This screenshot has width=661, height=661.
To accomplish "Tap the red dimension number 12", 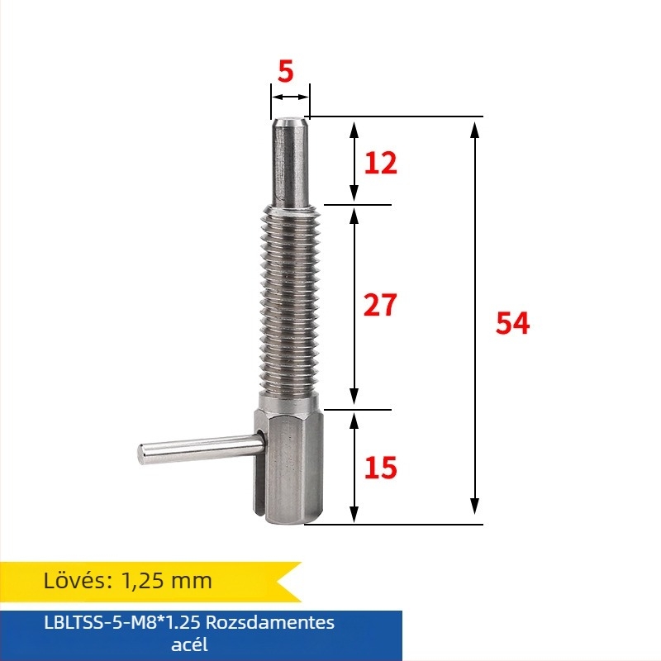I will click(380, 163).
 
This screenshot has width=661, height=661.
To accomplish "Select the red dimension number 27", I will click(380, 305).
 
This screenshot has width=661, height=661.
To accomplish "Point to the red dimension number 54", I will click(512, 323).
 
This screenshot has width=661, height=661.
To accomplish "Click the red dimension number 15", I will click(380, 468).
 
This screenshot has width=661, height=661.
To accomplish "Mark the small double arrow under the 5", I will click(289, 97).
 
